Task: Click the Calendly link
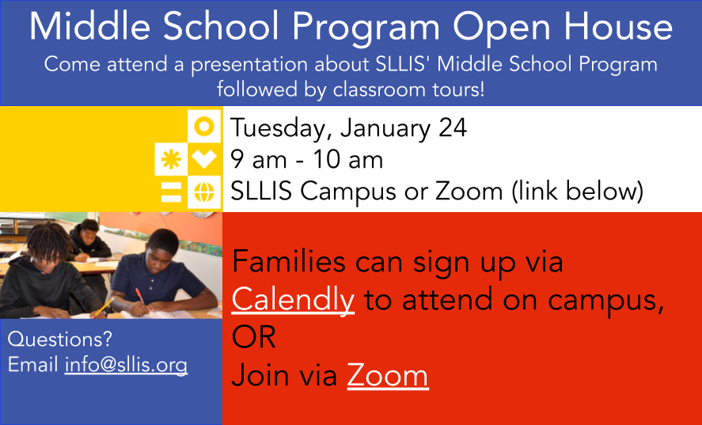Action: (293, 300)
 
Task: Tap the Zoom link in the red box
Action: (388, 376)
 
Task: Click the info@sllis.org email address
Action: (126, 365)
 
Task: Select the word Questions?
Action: (59, 339)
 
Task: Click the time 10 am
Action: (348, 159)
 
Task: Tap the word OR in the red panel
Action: (253, 337)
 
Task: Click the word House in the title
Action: (617, 26)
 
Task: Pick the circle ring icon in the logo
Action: (205, 127)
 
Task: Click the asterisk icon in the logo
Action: (171, 159)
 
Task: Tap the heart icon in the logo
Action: (204, 159)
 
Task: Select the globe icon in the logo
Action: (204, 192)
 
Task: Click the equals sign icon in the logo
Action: (171, 192)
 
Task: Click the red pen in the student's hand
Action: (141, 297)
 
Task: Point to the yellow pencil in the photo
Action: (104, 308)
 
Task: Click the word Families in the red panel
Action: (289, 262)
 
